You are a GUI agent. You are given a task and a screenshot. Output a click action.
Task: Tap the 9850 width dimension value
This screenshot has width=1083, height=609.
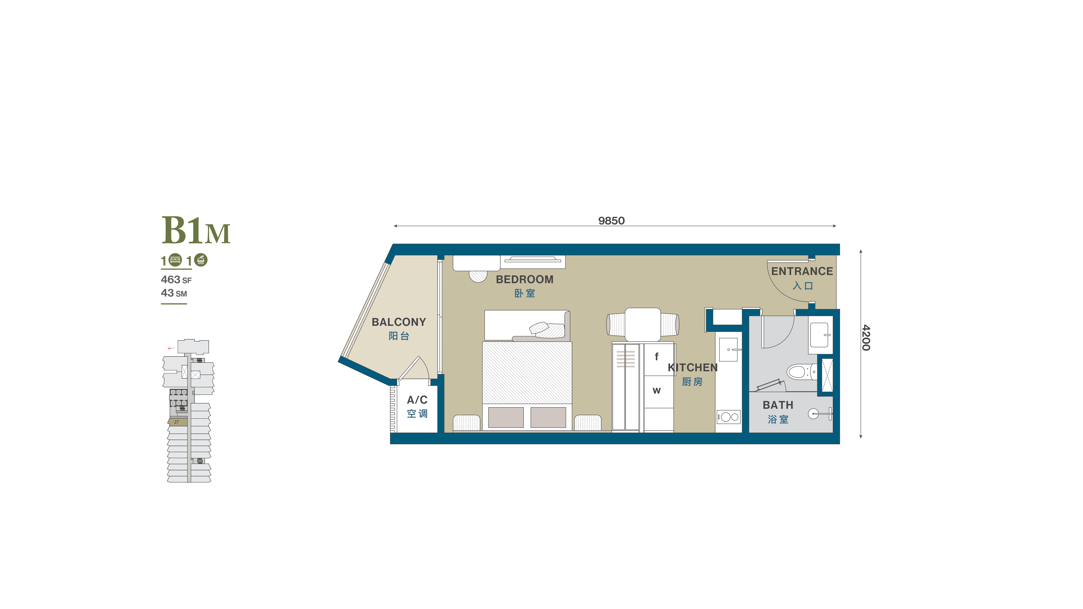pos(611,221)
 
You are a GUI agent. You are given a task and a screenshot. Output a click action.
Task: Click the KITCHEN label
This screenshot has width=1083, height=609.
pos(692,367)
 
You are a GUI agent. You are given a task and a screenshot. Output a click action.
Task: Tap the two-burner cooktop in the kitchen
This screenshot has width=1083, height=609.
pos(729,417)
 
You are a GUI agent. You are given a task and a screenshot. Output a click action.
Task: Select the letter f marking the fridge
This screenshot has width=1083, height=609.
pos(657,357)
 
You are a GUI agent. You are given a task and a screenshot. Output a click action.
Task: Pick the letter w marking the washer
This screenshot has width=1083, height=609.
pos(657,391)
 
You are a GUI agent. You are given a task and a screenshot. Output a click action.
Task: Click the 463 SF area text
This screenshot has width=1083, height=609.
pos(176,280)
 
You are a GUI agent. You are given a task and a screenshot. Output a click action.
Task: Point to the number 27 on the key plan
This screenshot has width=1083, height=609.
pos(177,422)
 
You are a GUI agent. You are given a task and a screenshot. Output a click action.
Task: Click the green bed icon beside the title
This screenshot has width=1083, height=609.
pos(175,260)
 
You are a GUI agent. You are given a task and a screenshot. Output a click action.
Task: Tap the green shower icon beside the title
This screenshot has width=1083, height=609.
pos(201,260)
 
